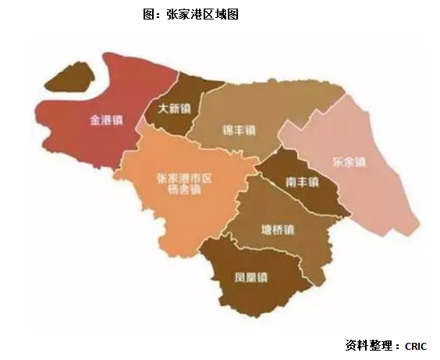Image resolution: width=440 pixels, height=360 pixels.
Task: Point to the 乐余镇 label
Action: pos(349,162)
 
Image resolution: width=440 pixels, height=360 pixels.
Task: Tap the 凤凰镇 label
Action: pos(251,276)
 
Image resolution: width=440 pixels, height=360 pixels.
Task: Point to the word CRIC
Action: pos(416,344)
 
